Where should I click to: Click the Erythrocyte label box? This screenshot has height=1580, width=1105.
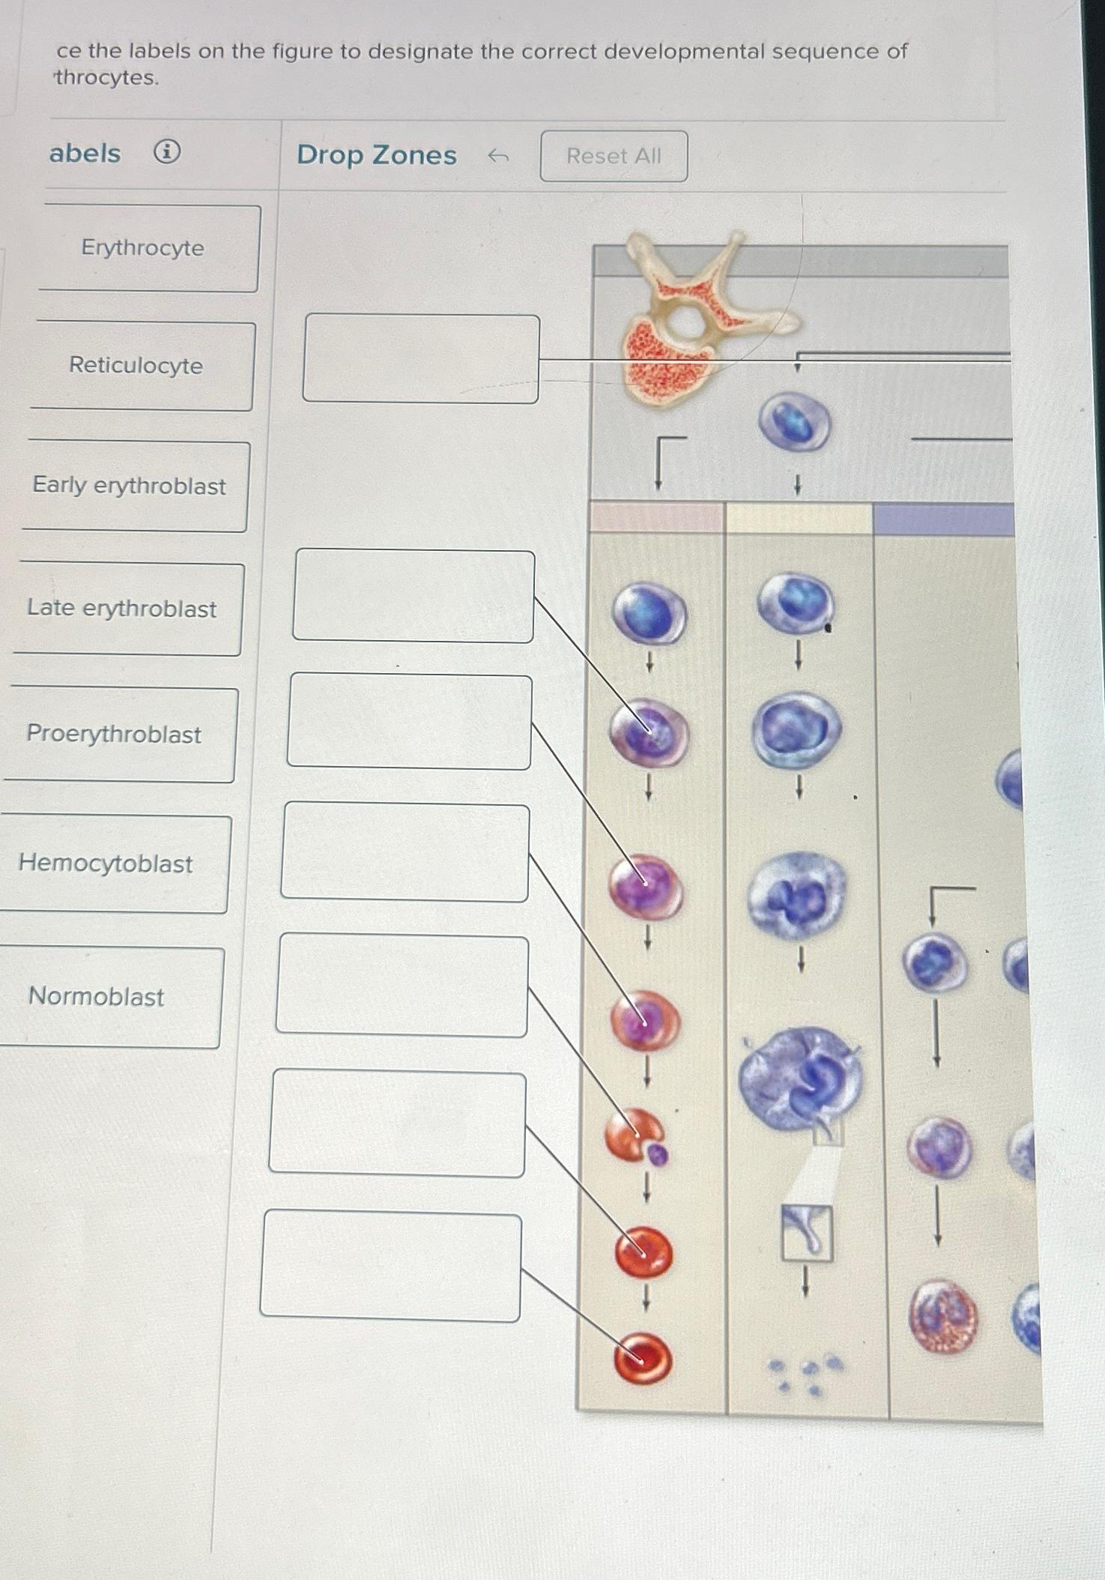point(142,248)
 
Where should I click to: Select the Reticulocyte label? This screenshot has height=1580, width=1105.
point(136,366)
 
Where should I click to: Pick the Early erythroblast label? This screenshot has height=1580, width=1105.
point(129,486)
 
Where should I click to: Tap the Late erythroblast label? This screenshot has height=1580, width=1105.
point(122,609)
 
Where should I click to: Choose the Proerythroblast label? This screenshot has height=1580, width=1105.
point(114,734)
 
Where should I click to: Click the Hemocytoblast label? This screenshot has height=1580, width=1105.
point(106,863)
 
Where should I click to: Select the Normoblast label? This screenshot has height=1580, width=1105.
point(97,997)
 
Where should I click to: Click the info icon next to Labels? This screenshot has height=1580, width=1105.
point(166,152)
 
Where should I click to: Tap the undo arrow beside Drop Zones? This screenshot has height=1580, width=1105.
point(498,156)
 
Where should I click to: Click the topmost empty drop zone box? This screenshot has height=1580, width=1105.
point(420,358)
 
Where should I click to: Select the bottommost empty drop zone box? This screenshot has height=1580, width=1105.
point(390,1267)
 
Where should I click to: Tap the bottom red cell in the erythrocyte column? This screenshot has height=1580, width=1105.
point(643,1358)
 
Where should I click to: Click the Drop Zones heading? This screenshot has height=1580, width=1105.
point(376,155)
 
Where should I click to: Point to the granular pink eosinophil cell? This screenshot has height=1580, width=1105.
point(942,1316)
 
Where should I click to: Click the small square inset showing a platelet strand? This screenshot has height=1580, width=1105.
point(806,1232)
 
